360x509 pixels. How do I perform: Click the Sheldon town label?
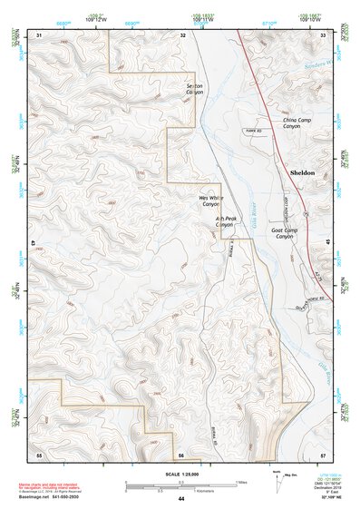301,171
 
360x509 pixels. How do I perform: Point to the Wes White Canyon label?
210,201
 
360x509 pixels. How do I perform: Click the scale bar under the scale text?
180,481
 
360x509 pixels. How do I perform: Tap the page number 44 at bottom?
181,498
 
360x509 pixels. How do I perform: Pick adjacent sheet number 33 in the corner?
323,34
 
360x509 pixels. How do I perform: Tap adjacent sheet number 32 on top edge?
182,34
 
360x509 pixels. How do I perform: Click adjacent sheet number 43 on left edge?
34,243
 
